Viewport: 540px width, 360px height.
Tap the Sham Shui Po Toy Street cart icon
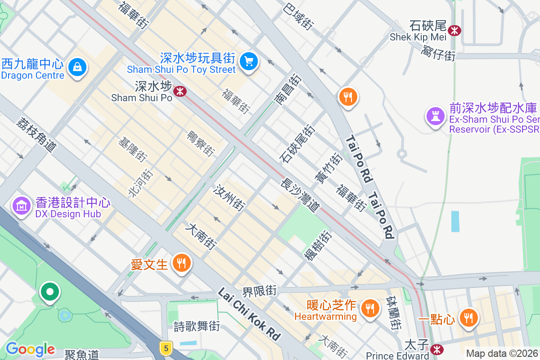click(x=248, y=60)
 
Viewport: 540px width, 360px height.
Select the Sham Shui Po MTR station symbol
click(x=180, y=91)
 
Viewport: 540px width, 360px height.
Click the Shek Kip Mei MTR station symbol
click(x=454, y=30)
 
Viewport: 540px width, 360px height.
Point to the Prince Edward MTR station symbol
click(x=436, y=349)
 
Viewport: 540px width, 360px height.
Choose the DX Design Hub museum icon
click(x=21, y=206)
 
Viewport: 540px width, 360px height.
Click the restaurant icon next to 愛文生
click(x=182, y=263)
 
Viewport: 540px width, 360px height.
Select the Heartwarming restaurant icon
click(x=370, y=309)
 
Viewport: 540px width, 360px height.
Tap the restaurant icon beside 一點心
click(x=468, y=318)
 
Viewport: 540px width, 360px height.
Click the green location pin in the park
click(x=49, y=292)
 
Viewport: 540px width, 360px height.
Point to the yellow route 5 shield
click(x=166, y=348)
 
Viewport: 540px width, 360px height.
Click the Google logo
click(x=30, y=349)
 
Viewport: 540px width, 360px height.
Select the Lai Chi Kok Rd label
click(x=249, y=314)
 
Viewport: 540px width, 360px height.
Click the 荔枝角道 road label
click(x=36, y=134)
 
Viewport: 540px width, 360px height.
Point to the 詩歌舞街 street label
click(x=197, y=326)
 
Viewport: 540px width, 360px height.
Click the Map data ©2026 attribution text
click(x=502, y=354)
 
